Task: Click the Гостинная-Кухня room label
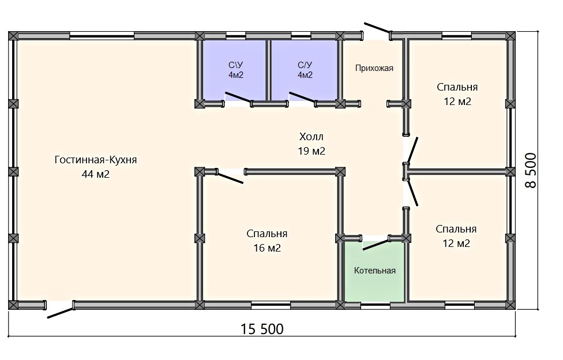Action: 96,160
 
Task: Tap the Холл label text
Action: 311,137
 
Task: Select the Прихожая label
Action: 374,68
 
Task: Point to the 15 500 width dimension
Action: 262,329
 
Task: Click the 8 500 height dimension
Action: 531,170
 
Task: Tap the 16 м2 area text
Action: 267,248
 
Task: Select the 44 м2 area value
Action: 96,174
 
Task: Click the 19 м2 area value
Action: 311,151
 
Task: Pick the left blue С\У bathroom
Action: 235,70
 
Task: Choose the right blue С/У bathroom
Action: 304,70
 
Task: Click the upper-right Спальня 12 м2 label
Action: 457,94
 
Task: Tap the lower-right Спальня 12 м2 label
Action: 456,236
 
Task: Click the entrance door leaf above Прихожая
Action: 377,28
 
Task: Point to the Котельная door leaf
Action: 376,243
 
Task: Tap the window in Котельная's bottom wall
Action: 375,306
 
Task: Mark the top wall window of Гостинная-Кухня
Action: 102,36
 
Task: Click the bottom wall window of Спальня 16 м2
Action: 271,306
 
